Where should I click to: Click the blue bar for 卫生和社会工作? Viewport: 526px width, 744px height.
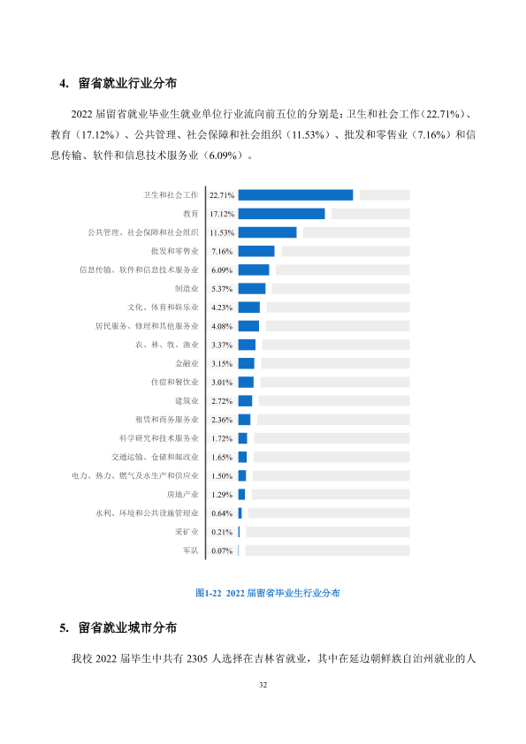coord(295,195)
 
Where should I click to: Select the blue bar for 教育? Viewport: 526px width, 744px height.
coord(281,214)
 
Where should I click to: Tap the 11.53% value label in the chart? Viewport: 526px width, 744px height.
coord(222,232)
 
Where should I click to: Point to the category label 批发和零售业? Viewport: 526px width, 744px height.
coord(175,251)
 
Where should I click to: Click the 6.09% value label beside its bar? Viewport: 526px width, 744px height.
coord(222,270)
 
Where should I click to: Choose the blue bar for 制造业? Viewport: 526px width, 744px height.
coord(252,288)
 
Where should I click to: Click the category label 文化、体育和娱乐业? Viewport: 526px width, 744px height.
coord(163,307)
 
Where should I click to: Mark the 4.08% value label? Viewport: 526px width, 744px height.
coord(222,326)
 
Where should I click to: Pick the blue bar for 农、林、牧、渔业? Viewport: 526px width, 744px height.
coord(247,345)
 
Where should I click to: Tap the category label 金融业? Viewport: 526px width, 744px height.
coord(187,363)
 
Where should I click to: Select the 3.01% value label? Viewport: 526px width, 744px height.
coord(222,382)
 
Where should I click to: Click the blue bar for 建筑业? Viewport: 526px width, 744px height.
coord(245,401)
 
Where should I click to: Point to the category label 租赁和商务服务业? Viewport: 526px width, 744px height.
coord(166,420)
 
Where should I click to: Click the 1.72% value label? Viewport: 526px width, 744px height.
coord(222,438)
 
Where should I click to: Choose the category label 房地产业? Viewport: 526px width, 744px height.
coord(183,495)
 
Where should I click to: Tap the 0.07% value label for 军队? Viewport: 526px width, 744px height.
coord(222,550)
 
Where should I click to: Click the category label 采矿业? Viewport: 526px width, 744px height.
coord(187,532)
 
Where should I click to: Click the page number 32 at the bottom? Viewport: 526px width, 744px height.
coord(263,685)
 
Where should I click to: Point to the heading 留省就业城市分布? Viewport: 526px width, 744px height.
coord(127,627)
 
